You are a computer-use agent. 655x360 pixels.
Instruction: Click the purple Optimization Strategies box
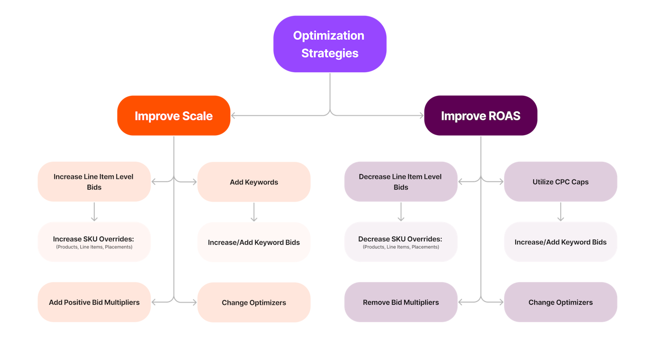[x=330, y=44]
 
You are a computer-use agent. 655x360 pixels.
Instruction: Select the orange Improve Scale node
[x=173, y=116]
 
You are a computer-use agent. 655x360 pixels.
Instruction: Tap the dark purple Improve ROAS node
[x=481, y=116]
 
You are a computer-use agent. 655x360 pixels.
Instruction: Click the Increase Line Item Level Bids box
[x=94, y=182]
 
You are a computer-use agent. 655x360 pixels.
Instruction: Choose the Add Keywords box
[x=254, y=182]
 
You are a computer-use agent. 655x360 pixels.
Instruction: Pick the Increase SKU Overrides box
[x=94, y=242]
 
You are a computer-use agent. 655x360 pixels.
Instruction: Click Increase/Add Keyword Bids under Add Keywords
[x=254, y=242]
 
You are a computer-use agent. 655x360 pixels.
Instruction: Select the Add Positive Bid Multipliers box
[x=94, y=302]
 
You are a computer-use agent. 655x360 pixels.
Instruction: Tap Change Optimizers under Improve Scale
[x=254, y=302]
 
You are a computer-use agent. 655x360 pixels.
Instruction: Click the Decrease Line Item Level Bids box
[x=401, y=182]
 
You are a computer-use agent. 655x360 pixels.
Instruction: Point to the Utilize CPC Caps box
[x=560, y=182]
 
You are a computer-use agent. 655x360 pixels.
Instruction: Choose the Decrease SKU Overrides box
[x=401, y=242]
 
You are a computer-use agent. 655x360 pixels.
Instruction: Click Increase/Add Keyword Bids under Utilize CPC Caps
[x=560, y=242]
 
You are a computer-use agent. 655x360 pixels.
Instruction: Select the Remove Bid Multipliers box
[x=401, y=302]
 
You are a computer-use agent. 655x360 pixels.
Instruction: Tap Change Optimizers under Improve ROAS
[x=560, y=302]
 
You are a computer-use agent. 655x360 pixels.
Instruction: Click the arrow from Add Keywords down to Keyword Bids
[x=254, y=212]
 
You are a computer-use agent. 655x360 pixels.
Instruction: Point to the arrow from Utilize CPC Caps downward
[x=560, y=212]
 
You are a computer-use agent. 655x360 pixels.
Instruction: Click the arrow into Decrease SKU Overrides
[x=401, y=212]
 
